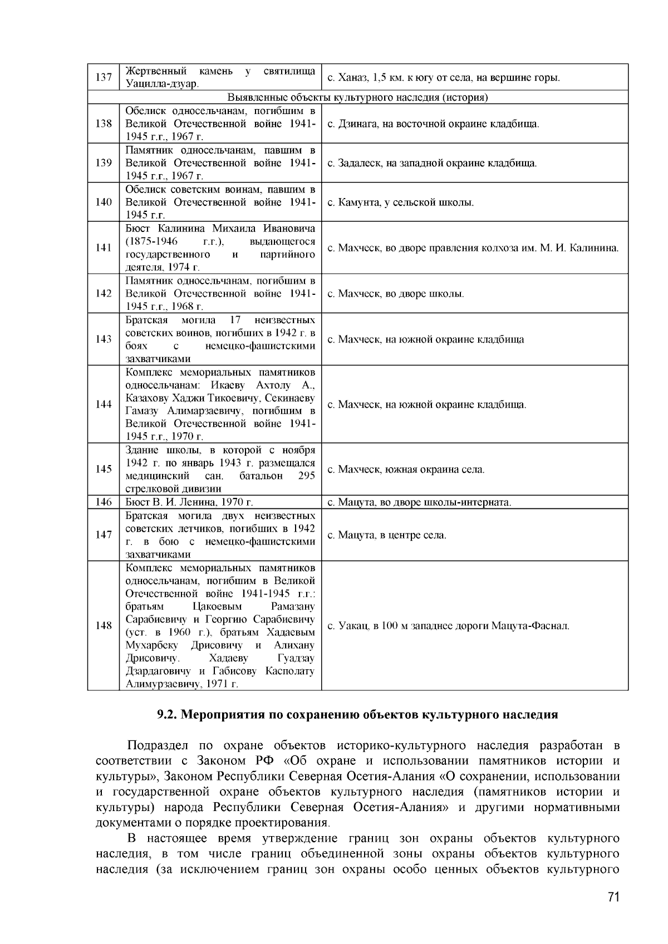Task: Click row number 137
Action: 104,78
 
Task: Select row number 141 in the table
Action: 104,248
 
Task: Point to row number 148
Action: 104,626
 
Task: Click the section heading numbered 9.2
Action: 357,715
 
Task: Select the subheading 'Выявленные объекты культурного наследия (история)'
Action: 357,98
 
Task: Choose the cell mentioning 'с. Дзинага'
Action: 433,124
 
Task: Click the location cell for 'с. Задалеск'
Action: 432,164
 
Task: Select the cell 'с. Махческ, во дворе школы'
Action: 396,294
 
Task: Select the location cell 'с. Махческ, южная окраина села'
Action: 406,469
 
